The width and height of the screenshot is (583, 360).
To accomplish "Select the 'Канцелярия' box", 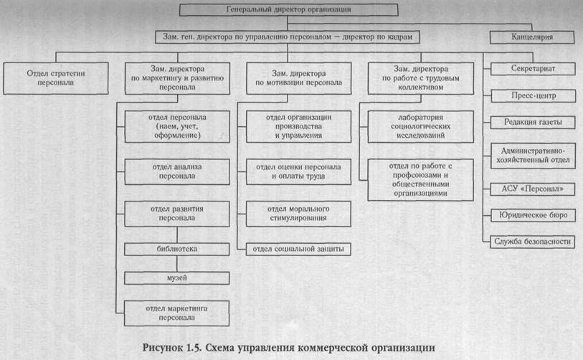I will [531, 37].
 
